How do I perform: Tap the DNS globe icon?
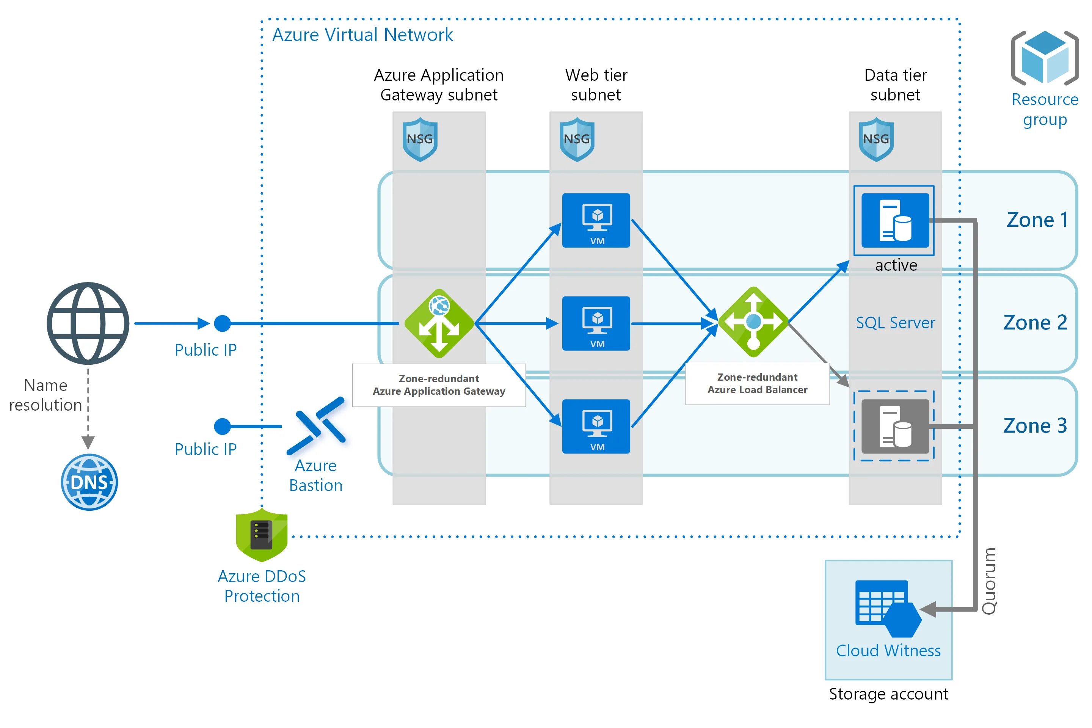[89, 482]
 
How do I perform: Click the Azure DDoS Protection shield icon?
[261, 535]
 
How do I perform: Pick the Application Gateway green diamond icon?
[439, 323]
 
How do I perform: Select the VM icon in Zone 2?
[596, 323]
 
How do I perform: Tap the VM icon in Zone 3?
[596, 426]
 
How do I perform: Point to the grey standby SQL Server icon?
[895, 426]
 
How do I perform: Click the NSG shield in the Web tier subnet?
[577, 139]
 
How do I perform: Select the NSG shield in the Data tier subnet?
[875, 139]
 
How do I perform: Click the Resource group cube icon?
[1044, 58]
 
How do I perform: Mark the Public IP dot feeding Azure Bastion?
[223, 426]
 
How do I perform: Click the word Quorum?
[989, 581]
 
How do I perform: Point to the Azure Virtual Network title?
[362, 35]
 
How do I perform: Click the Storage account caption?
[888, 693]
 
